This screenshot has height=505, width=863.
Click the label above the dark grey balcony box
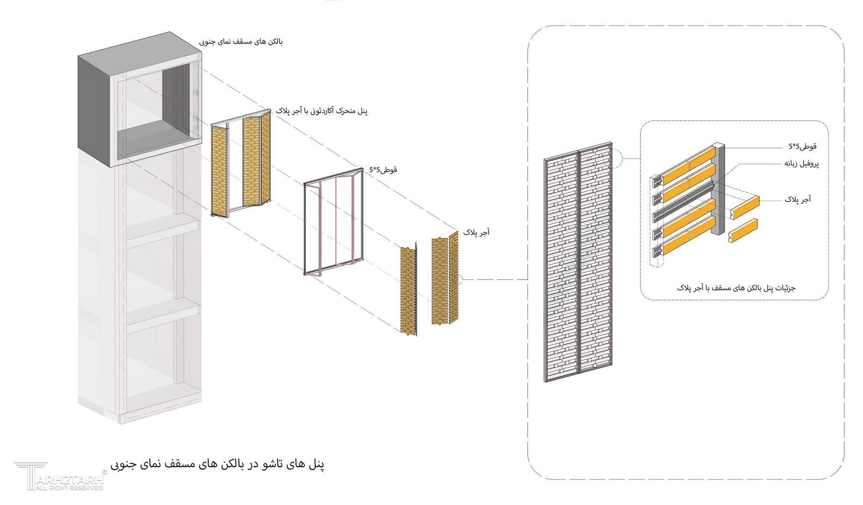tap(241, 42)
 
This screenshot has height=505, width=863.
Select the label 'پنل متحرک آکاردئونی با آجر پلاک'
tap(322, 111)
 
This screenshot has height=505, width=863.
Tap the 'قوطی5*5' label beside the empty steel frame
tap(383, 169)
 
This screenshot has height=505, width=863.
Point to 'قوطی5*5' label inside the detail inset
tap(802, 146)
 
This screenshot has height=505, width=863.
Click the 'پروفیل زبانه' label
tap(801, 164)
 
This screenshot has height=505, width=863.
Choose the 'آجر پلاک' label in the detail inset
tap(798, 199)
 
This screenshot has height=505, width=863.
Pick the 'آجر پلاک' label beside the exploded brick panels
tap(476, 232)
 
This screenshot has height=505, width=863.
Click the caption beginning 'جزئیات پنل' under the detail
tap(736, 288)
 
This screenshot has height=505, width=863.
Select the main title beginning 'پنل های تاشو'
tap(217, 464)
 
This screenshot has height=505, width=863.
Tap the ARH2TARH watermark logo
tap(58, 476)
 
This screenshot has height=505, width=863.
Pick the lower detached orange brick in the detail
tap(743, 230)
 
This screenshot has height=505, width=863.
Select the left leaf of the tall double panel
tap(562, 267)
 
